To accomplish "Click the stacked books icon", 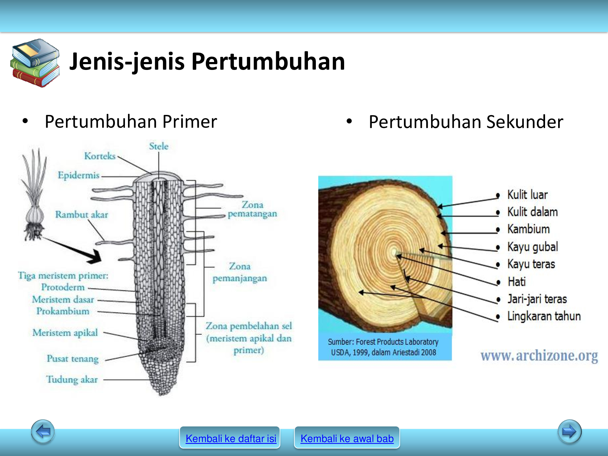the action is [35, 63].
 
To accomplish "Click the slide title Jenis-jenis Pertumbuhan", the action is [207, 62].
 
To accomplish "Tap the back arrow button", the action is [43, 431].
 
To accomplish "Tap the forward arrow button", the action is [569, 431].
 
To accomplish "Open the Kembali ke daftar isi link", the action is [231, 438].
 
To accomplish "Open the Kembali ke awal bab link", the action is [347, 438].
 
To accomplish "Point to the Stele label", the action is [159, 146].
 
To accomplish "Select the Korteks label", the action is [100, 156].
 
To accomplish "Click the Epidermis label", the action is [78, 175].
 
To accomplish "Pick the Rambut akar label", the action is [81, 215].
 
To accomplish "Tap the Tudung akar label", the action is [72, 379].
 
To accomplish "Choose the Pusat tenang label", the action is [73, 359].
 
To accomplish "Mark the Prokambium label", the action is [63, 311].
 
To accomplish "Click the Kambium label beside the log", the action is [528, 229].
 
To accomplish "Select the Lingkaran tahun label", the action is [544, 316].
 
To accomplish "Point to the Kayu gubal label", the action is [533, 247].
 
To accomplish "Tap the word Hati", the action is [516, 282].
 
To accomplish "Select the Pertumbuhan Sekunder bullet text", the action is [466, 122].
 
